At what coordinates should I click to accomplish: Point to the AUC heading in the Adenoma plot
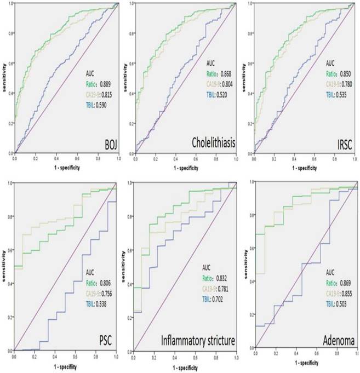pyautogui.click(x=330, y=272)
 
